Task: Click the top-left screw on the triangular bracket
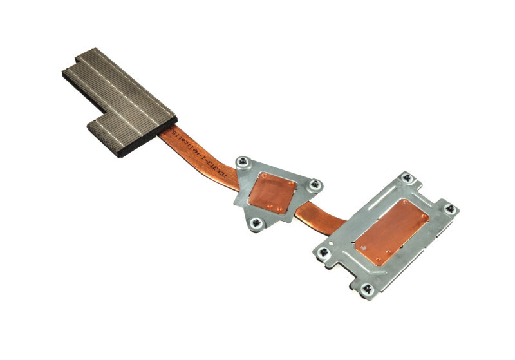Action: [x=242, y=162]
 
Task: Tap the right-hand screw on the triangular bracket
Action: [x=314, y=185]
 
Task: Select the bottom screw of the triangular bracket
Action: [x=256, y=223]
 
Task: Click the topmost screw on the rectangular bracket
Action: [x=406, y=177]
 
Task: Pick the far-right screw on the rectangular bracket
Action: [x=450, y=209]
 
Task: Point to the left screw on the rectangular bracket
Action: [x=323, y=253]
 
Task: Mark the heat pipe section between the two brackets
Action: [x=322, y=218]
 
